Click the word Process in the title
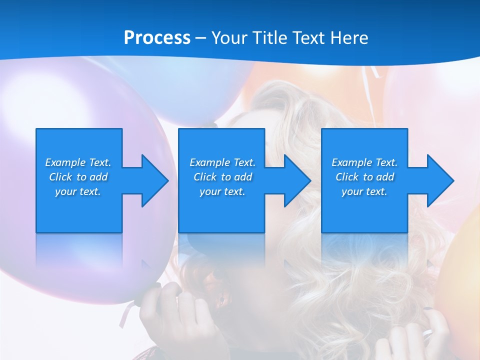coord(157,38)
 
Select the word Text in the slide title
coord(308,38)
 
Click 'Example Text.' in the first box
coord(78,162)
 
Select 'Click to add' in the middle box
coord(222,177)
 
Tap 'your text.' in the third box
coord(364,191)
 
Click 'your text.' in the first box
coord(78,191)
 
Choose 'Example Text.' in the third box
coord(364,162)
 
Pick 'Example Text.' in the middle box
coord(222,162)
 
